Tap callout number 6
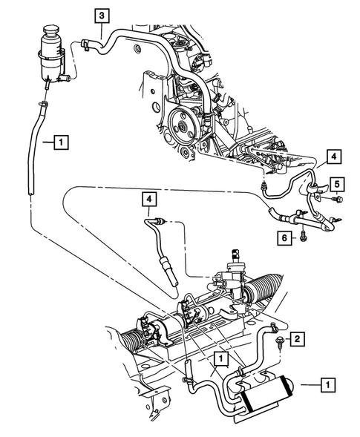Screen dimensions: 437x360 click(x=284, y=237)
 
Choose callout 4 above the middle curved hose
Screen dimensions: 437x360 click(x=151, y=199)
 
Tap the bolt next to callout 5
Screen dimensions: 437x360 click(x=338, y=197)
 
